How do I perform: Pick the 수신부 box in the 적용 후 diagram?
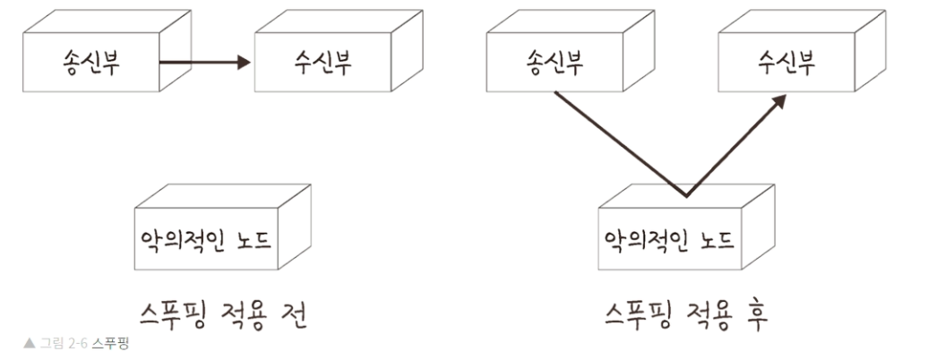780,64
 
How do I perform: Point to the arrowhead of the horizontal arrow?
244,63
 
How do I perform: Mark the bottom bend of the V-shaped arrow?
685,195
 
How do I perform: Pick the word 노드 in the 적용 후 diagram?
712,239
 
